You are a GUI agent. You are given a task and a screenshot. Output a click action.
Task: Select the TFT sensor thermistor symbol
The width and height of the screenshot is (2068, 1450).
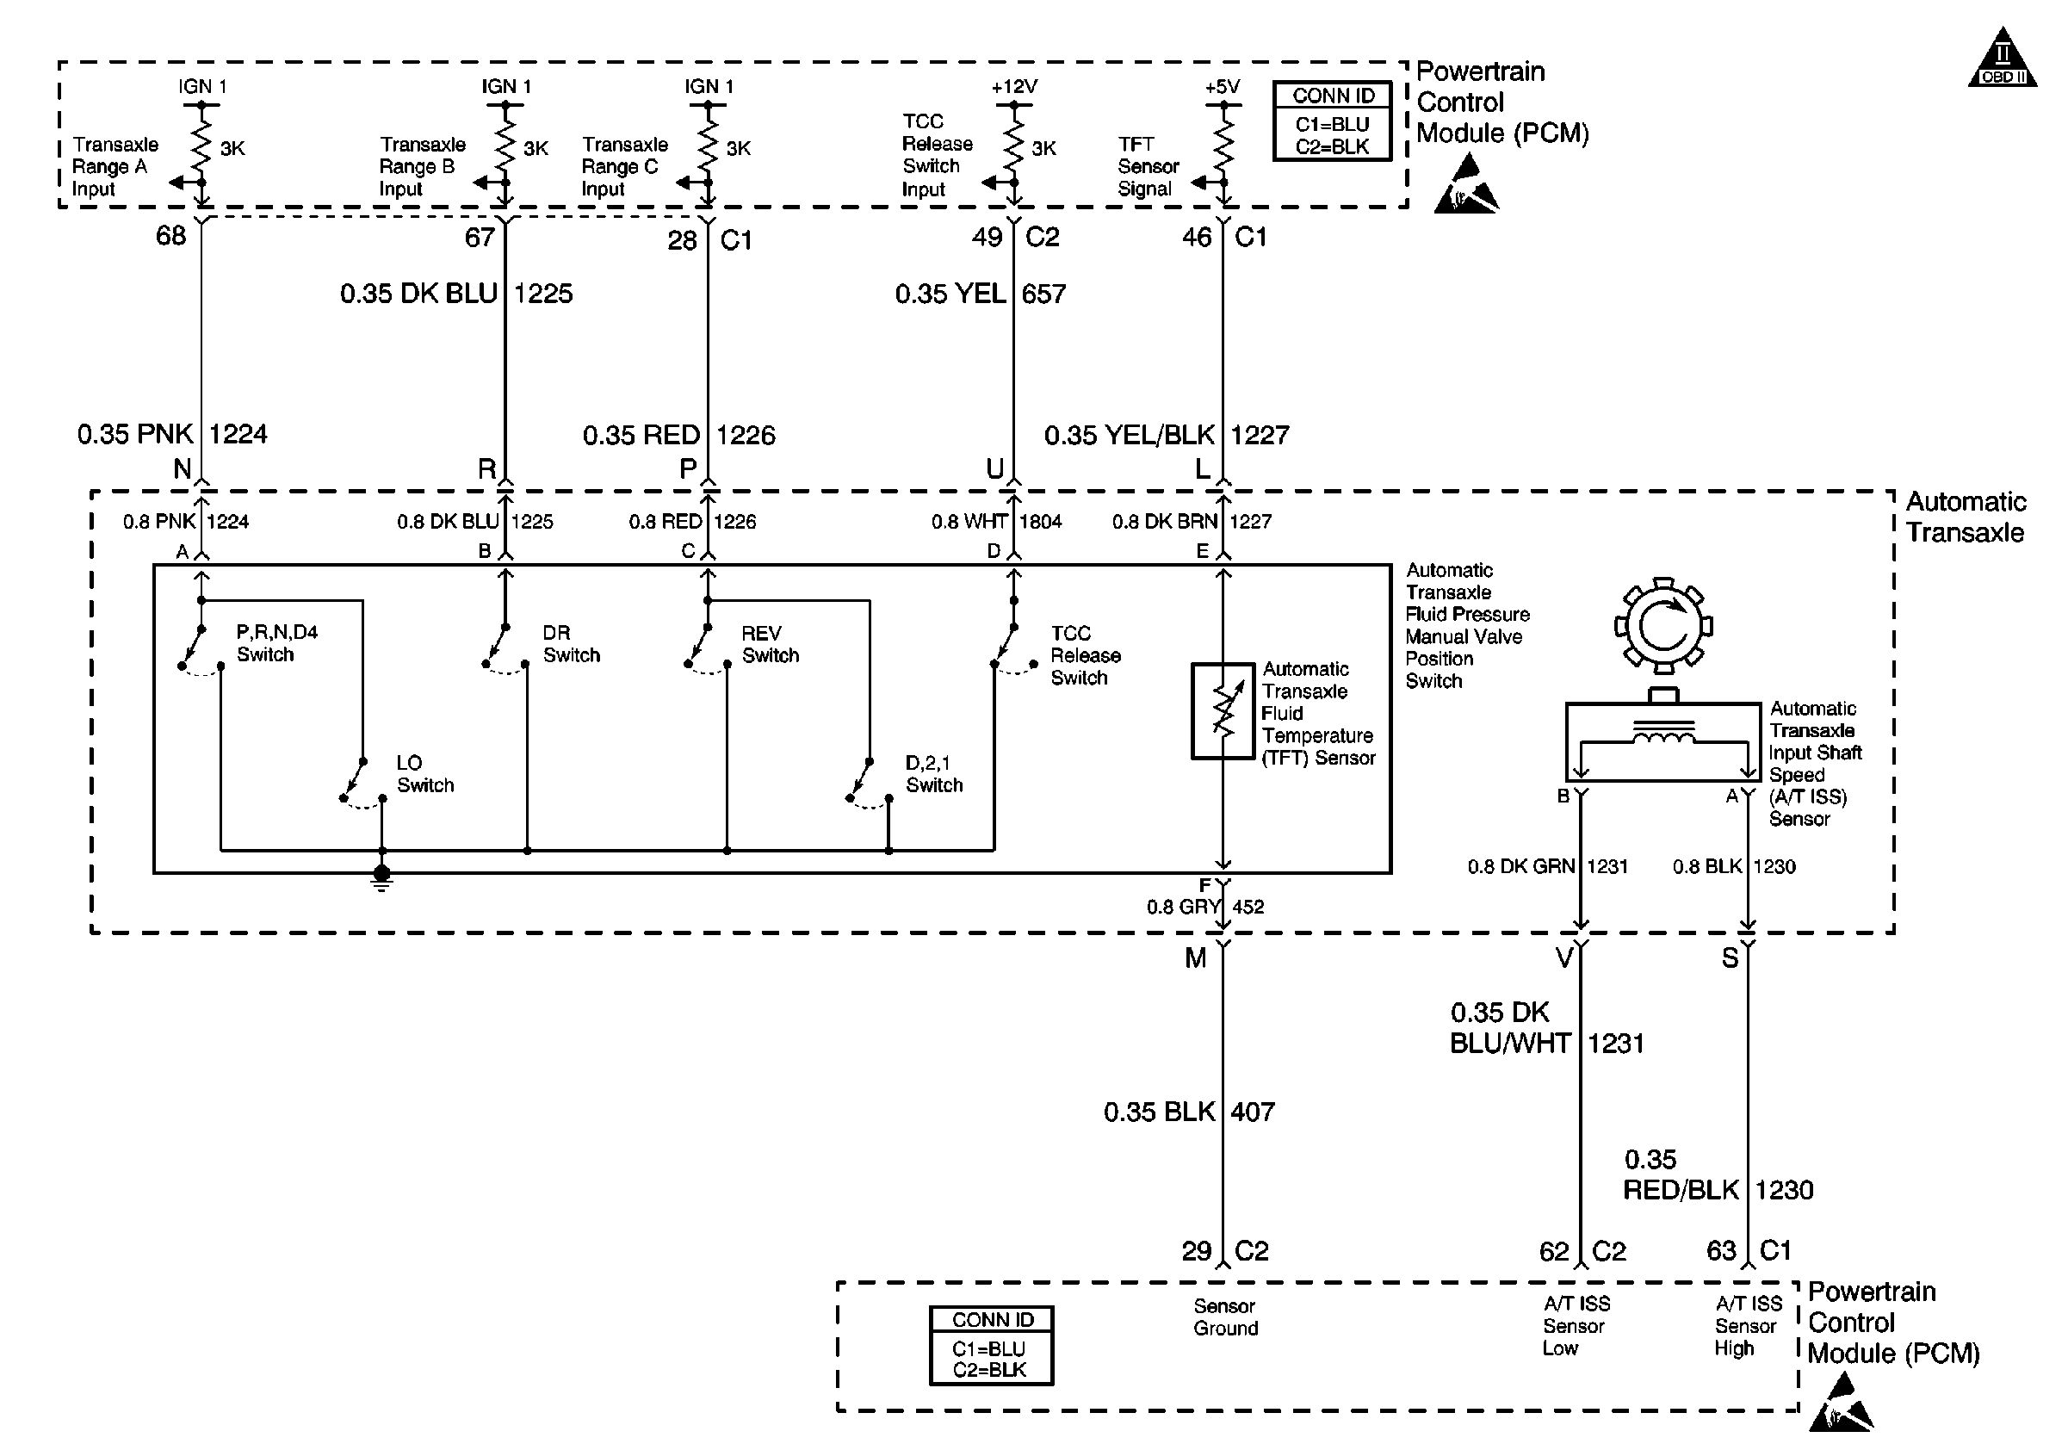pos(1223,711)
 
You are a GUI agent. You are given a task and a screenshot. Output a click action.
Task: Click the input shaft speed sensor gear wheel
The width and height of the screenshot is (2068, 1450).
pos(1662,626)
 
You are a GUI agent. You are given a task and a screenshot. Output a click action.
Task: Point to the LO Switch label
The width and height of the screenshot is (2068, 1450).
pos(425,773)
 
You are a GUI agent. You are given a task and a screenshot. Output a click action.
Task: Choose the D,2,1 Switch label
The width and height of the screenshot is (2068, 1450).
pos(934,773)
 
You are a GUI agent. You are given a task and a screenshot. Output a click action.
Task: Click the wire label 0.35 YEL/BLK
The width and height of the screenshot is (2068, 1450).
pos(1130,436)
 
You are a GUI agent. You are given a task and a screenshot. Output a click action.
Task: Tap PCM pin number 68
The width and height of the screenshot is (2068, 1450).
pos(170,236)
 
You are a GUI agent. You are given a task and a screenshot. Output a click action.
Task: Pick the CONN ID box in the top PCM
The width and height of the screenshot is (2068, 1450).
pos(1332,121)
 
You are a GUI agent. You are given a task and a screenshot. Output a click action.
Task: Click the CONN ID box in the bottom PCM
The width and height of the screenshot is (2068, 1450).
pos(991,1346)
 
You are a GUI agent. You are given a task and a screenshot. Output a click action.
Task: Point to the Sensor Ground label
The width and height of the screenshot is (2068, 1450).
pos(1225,1317)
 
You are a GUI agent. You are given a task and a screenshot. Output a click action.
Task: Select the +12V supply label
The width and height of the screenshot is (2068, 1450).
pos(1014,86)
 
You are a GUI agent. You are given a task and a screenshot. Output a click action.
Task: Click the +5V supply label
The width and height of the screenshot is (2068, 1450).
pos(1223,86)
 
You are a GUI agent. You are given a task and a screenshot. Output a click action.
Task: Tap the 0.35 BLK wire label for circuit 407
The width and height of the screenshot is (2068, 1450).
pos(1159,1112)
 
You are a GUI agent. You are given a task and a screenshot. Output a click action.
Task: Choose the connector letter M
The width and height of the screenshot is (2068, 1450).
pos(1195,958)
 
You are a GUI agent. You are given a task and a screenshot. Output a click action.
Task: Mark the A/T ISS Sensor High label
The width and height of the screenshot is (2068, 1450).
pos(1748,1326)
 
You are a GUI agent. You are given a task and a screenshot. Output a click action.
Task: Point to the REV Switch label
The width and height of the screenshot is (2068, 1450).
pos(770,644)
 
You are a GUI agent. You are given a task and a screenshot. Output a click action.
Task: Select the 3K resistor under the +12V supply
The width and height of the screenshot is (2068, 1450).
pos(1014,146)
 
